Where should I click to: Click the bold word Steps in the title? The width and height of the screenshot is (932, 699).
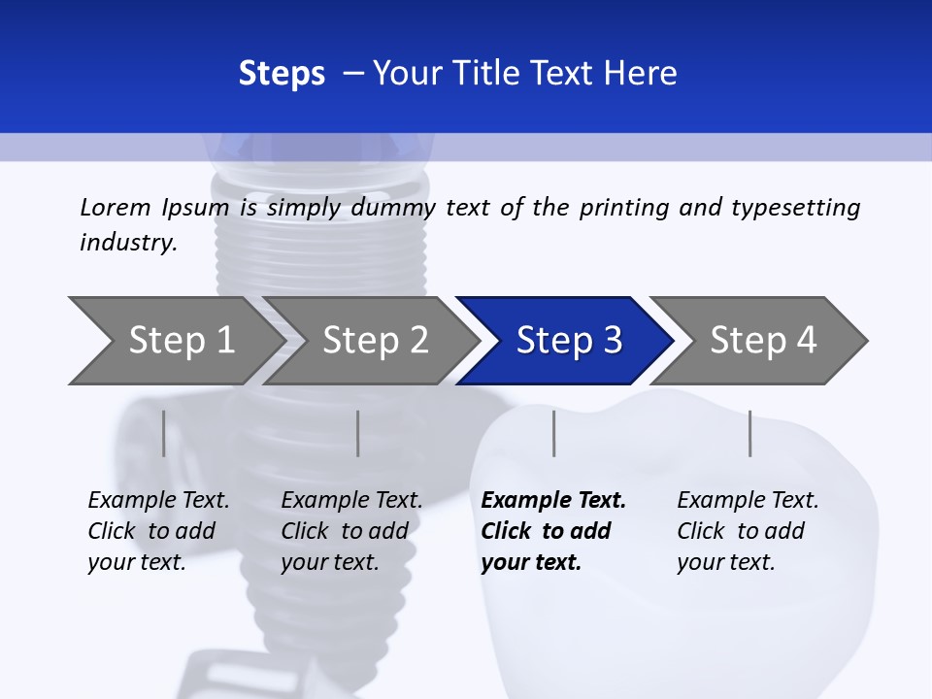click(x=282, y=74)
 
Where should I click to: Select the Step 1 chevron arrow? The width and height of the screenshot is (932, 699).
click(x=173, y=341)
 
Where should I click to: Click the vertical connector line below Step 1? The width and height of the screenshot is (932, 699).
click(x=163, y=433)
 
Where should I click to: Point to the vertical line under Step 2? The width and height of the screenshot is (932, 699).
click(x=358, y=433)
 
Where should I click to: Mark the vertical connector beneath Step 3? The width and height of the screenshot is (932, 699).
click(x=553, y=433)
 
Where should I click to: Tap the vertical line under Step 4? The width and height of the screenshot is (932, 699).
click(x=749, y=433)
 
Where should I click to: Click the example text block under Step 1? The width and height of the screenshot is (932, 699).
click(x=158, y=531)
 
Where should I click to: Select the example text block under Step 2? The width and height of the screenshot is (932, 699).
click(x=351, y=531)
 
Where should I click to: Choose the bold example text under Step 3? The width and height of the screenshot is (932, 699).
click(x=553, y=531)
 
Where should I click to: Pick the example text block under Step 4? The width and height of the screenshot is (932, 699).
click(x=748, y=531)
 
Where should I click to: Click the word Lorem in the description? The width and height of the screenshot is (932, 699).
click(x=116, y=208)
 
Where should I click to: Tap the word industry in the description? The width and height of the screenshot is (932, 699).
click(x=127, y=243)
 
